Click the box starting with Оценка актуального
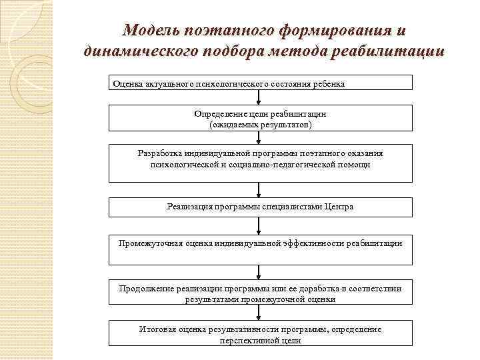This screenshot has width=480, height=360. pos(261,83)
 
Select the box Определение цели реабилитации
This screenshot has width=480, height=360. pos(261,119)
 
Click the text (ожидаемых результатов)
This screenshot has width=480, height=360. pos(260,125)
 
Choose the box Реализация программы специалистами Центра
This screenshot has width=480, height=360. pos(261,207)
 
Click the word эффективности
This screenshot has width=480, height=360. pos(304,243)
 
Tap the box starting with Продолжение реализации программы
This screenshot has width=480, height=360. pos(261,294)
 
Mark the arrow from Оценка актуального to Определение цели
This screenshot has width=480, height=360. pos(260,97)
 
